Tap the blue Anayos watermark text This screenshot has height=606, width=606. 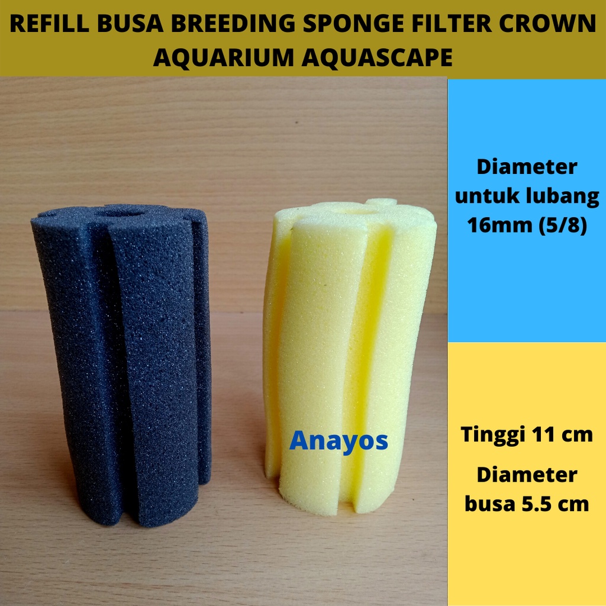point(339,441)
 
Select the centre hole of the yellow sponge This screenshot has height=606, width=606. point(357,208)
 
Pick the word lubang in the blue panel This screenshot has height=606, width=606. point(562,196)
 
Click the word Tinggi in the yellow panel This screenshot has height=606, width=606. point(491,435)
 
